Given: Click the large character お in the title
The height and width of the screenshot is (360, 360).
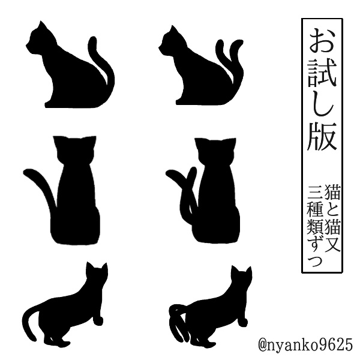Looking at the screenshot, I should tap(321, 41).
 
